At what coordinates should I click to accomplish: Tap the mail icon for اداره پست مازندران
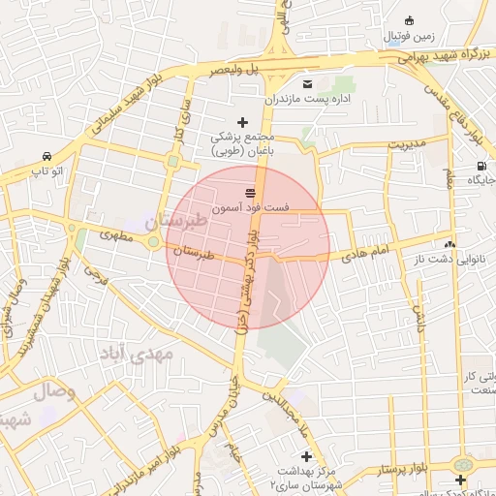click(x=308, y=83)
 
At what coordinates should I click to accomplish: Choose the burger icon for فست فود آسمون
click(x=251, y=191)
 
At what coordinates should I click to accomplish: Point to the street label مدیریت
click(x=408, y=143)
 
